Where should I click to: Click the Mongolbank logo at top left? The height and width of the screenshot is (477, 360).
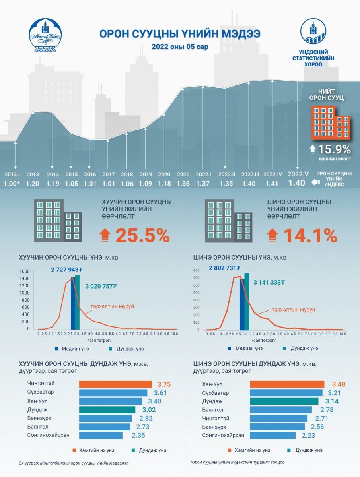point(45,36)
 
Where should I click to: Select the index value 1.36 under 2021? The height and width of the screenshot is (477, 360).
point(183,184)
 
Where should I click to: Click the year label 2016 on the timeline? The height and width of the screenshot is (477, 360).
point(90,174)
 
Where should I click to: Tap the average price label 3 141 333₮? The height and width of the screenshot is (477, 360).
point(270,282)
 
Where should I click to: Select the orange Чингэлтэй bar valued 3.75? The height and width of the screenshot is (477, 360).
point(115,384)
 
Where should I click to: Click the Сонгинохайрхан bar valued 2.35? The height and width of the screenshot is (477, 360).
point(101,435)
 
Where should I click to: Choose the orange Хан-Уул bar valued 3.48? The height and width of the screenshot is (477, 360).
point(287,384)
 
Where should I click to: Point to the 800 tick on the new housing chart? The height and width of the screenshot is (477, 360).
point(197,271)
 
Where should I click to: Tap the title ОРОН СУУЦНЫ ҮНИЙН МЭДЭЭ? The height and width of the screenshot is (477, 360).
point(180,33)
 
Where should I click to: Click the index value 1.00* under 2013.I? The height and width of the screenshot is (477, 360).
point(12,184)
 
